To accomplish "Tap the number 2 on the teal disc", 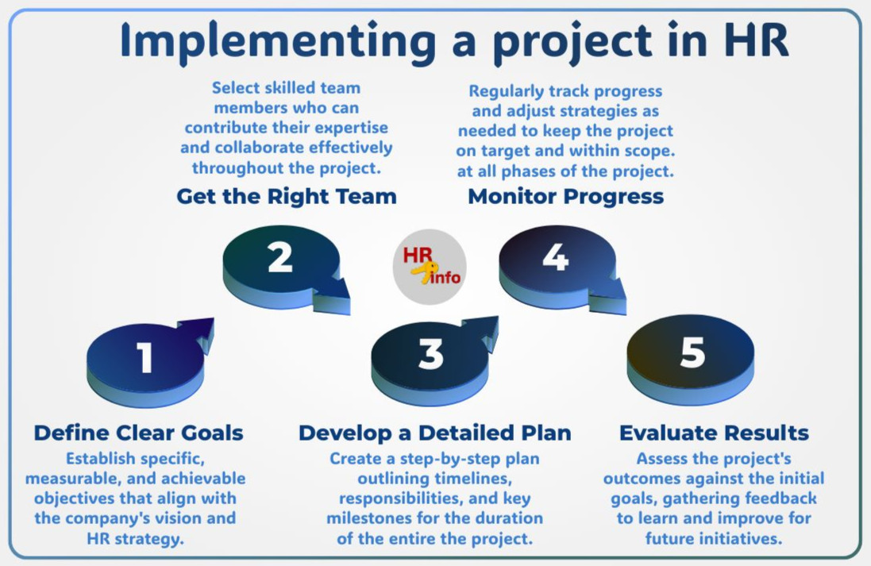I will [x=279, y=257].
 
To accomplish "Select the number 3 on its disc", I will [x=430, y=355].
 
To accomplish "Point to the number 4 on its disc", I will [x=556, y=257].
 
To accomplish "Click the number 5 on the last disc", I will [x=692, y=352].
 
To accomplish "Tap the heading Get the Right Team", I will [x=286, y=196].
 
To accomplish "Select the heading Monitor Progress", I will [x=565, y=196].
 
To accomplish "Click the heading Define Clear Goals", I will [x=138, y=433].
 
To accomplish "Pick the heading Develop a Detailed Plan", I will [x=434, y=433].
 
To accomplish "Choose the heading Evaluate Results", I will [x=714, y=433].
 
